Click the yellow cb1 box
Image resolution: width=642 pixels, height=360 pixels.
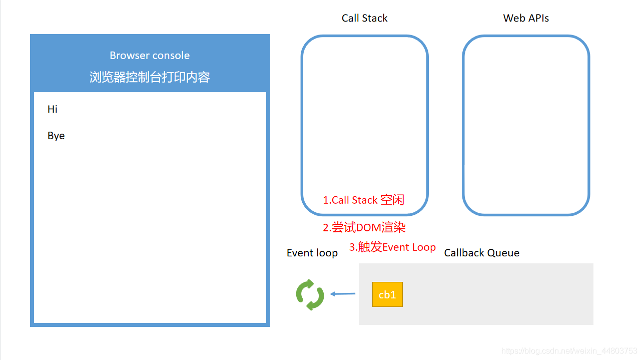click(x=387, y=294)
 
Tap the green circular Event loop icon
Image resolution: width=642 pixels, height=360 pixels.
click(x=310, y=295)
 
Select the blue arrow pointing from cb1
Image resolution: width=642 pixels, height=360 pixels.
click(x=343, y=294)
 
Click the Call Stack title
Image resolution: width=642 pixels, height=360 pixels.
click(x=364, y=18)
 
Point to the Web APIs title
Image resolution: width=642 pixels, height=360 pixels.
click(x=526, y=18)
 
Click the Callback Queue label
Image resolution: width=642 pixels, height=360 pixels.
click(x=481, y=253)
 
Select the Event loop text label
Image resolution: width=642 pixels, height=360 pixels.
click(x=312, y=253)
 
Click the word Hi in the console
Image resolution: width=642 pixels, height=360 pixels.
click(x=53, y=109)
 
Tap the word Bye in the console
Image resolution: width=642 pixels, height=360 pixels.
click(x=56, y=136)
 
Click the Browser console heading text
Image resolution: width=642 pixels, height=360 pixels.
click(x=150, y=56)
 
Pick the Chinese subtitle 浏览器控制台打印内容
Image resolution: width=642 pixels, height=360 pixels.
click(x=150, y=77)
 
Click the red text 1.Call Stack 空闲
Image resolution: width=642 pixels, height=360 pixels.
click(x=363, y=200)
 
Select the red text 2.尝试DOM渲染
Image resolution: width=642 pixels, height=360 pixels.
click(x=364, y=227)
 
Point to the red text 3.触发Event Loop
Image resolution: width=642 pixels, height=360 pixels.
click(x=392, y=247)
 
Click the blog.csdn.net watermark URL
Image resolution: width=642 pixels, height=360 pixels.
click(x=569, y=351)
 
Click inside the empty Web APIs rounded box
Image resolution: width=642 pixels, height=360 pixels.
click(x=526, y=125)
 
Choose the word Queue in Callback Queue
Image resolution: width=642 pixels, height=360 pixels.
click(x=504, y=253)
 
